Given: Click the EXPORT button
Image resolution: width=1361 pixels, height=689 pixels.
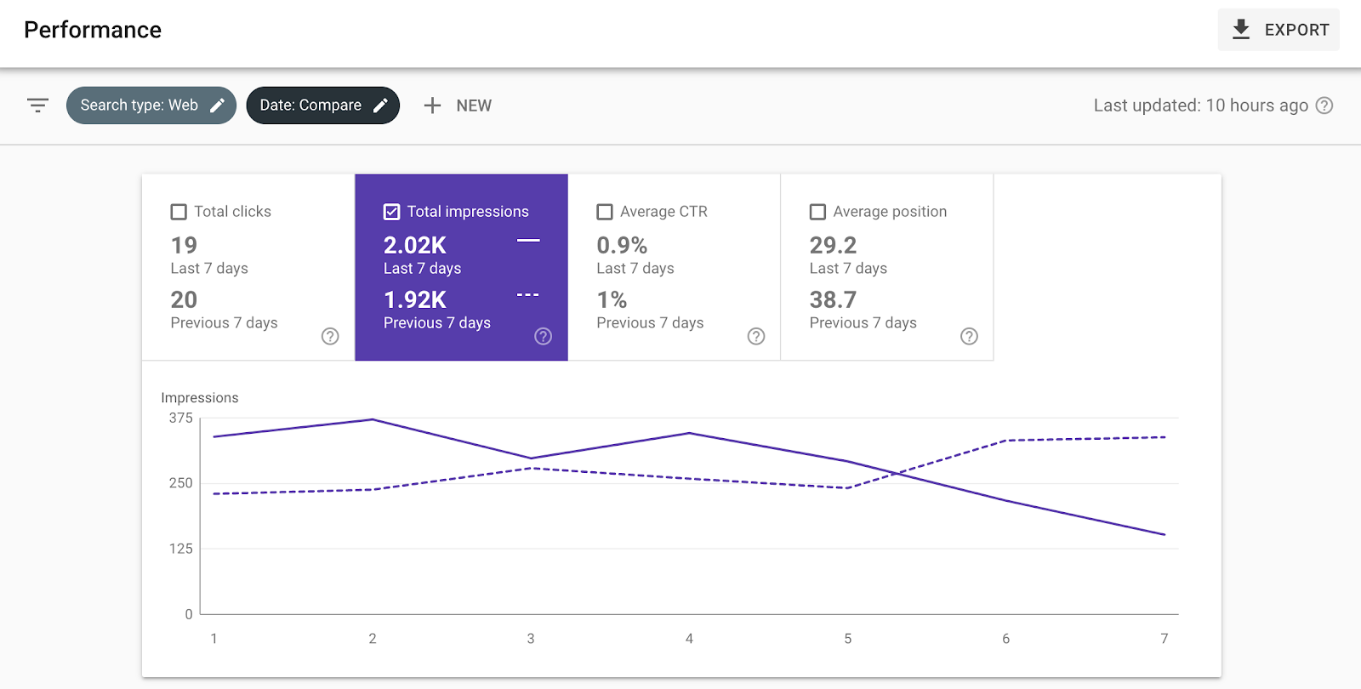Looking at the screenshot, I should point(1278,30).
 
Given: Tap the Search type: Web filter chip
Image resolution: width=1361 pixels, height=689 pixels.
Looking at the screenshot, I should point(151,105).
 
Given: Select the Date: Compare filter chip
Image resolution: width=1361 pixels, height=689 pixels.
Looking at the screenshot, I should point(322,105).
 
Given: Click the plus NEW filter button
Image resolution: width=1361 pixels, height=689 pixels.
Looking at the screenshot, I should point(458,105).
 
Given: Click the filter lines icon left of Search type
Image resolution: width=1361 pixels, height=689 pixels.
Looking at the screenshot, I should point(37,105).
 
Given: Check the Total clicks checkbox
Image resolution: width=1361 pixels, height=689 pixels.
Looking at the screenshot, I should point(179,212).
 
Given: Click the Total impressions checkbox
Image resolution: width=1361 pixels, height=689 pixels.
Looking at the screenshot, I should point(392,212).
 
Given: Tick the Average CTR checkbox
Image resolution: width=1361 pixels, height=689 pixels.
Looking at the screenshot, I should point(605,212).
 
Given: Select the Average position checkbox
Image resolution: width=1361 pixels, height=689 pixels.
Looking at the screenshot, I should point(817,212).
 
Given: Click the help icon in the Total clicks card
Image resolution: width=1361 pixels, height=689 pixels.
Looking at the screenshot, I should point(330,336).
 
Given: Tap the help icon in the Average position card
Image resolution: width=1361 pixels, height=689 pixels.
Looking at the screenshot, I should point(969,336).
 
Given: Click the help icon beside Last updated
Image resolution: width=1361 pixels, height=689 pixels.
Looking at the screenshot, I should point(1324,105).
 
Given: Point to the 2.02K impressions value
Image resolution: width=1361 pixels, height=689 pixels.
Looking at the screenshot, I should point(415,246).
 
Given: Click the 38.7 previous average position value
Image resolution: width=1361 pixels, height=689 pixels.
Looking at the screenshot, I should point(833,300).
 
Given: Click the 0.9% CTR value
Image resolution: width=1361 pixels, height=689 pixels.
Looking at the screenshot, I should point(622,246).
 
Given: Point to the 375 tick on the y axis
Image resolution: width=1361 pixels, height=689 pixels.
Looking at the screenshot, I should point(181,419).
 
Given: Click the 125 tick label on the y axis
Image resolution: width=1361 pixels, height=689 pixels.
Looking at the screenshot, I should point(181,549).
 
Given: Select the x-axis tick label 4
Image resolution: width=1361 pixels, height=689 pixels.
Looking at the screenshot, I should point(689,639).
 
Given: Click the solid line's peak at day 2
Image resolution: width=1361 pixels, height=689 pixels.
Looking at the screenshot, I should point(373,419).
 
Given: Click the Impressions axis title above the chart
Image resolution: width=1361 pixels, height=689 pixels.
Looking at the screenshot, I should point(200,398).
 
